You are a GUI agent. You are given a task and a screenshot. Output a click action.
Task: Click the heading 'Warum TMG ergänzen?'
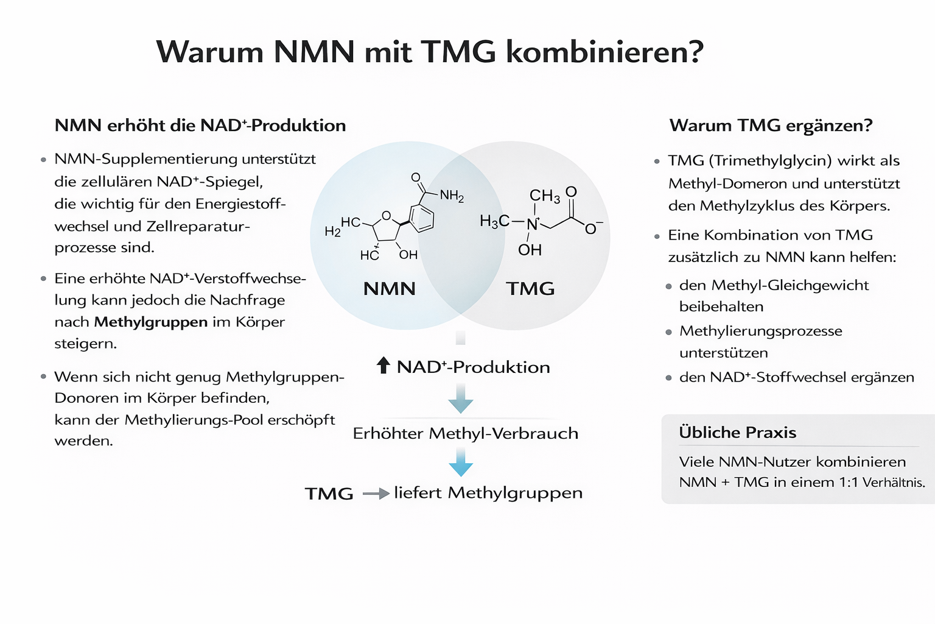pos(771,126)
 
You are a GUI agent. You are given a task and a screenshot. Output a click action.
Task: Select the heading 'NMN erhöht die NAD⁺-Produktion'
pos(200,126)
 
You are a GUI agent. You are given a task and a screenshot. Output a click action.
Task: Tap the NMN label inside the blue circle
pos(390,288)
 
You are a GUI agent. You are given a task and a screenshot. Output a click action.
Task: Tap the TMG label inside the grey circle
pos(530,288)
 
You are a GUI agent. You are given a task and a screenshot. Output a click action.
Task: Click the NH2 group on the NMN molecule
pos(452,196)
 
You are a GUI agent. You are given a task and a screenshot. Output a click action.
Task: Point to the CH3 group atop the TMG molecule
pos(544,196)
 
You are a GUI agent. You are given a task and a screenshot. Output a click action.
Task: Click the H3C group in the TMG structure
pos(494,221)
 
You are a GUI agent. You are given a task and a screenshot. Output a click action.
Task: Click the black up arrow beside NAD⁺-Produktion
pos(383,366)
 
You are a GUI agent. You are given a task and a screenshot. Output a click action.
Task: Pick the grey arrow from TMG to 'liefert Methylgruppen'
pos(376,494)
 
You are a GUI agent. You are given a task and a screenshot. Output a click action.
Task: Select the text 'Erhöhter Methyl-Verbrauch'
pos(466,433)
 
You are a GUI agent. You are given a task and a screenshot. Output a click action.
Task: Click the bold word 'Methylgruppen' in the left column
pos(151,322)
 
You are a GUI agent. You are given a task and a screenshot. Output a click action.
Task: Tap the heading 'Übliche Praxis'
pos(737,433)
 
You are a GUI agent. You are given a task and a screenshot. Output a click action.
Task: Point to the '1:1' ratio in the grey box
pos(848,483)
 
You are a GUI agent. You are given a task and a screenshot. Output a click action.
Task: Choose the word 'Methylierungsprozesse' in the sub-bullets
pos(761,331)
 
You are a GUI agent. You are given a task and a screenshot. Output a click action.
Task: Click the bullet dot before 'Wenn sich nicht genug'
pos(43,377)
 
